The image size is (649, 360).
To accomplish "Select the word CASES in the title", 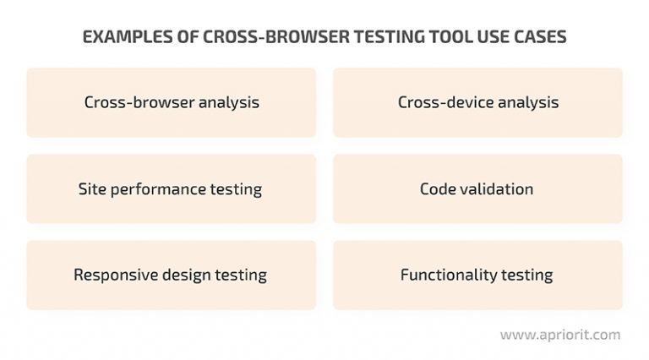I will tap(531, 39).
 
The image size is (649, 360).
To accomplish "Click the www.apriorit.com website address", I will tap(559, 335).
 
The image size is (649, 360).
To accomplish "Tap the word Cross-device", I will tap(439, 102).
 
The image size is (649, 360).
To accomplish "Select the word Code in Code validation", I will tap(438, 188).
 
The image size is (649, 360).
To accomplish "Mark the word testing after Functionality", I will tap(526, 275).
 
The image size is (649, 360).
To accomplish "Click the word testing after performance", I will tap(237, 189).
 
